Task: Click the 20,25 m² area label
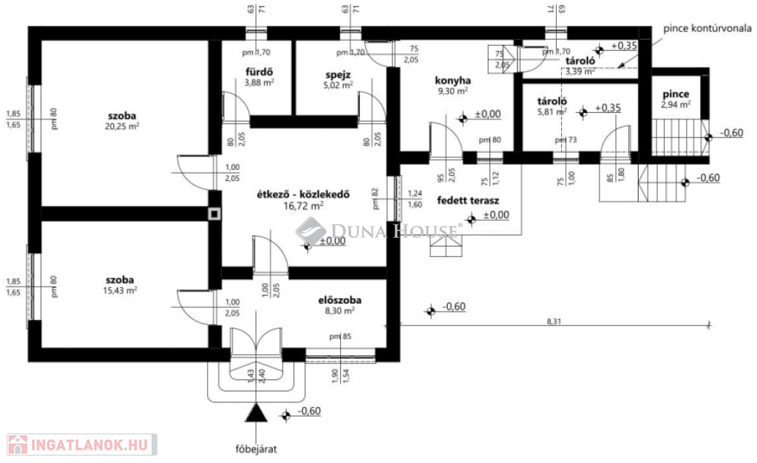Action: pos(123,126)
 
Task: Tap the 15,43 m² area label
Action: pos(120,290)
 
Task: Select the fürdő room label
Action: pos(259,72)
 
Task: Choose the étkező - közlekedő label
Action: pos(302,195)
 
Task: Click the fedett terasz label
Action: pos(469,200)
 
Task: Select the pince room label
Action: pos(676,95)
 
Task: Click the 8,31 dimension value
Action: pos(554,320)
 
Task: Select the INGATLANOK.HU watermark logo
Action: pos(81,444)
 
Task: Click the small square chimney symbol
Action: pos(214,214)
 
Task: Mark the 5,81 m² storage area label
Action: pos(552,112)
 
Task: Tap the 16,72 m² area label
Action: pos(304,207)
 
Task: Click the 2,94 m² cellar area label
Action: pos(676,106)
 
